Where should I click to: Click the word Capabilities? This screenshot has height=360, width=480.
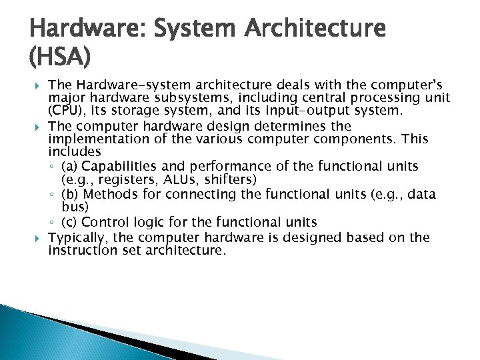click(x=119, y=167)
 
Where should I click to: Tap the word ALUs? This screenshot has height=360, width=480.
click(x=185, y=180)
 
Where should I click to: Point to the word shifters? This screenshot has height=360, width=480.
click(x=235, y=180)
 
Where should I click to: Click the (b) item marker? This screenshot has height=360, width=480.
click(x=69, y=194)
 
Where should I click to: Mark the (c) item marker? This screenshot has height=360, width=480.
click(x=69, y=222)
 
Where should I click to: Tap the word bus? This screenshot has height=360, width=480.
click(x=73, y=207)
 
